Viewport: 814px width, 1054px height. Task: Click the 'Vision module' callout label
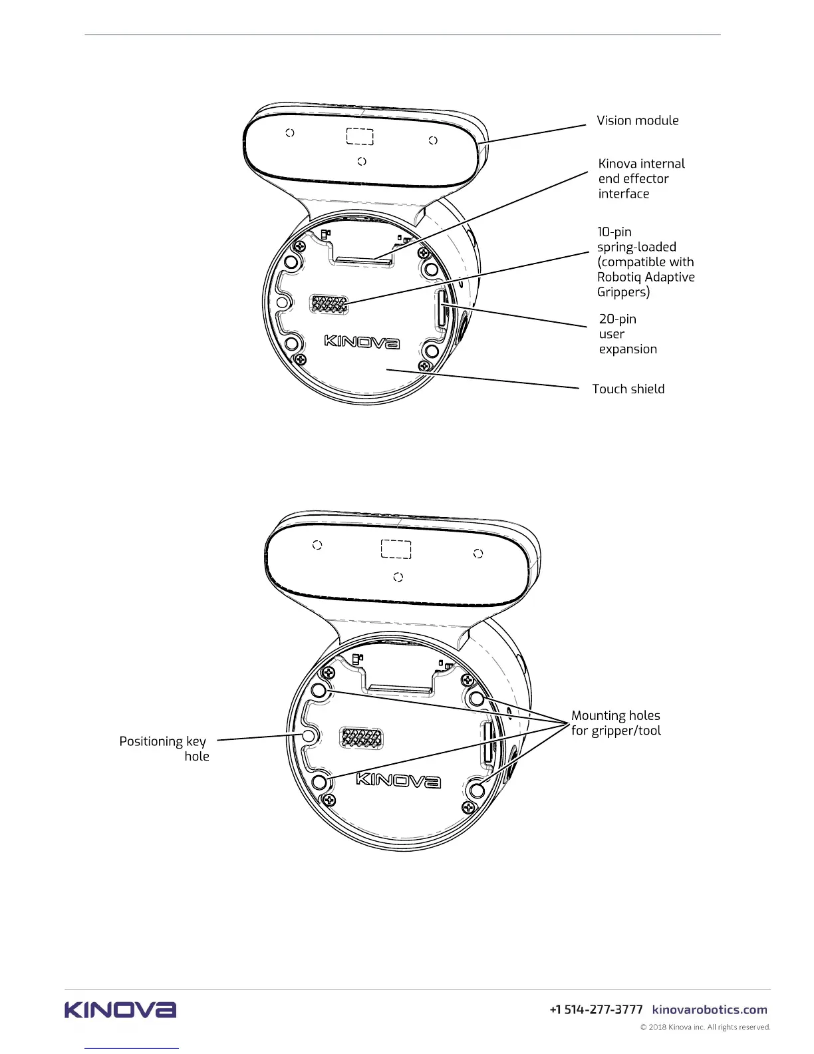(637, 120)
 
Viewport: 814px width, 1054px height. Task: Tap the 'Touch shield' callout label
(628, 389)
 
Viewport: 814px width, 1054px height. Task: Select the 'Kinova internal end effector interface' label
(640, 178)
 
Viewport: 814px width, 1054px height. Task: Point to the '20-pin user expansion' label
(627, 334)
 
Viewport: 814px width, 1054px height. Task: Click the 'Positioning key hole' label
(164, 749)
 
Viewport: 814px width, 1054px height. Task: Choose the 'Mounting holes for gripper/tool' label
(616, 723)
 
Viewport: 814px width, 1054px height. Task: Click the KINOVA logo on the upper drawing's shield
(362, 342)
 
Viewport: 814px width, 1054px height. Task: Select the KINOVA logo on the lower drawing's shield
(398, 780)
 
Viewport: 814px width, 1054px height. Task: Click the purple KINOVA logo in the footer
(120, 1010)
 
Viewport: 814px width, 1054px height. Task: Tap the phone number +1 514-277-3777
(596, 1010)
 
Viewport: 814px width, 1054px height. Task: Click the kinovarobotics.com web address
(710, 1010)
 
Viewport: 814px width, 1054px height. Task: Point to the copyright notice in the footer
(705, 1027)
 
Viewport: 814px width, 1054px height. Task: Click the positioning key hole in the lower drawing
(309, 736)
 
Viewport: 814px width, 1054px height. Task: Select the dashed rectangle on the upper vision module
(360, 136)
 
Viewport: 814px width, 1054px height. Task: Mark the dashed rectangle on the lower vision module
(396, 550)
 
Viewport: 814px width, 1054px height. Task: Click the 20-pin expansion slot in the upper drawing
(440, 307)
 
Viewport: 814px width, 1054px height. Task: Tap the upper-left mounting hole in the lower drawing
(319, 690)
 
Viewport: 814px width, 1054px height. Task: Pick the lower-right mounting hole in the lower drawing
(477, 790)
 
